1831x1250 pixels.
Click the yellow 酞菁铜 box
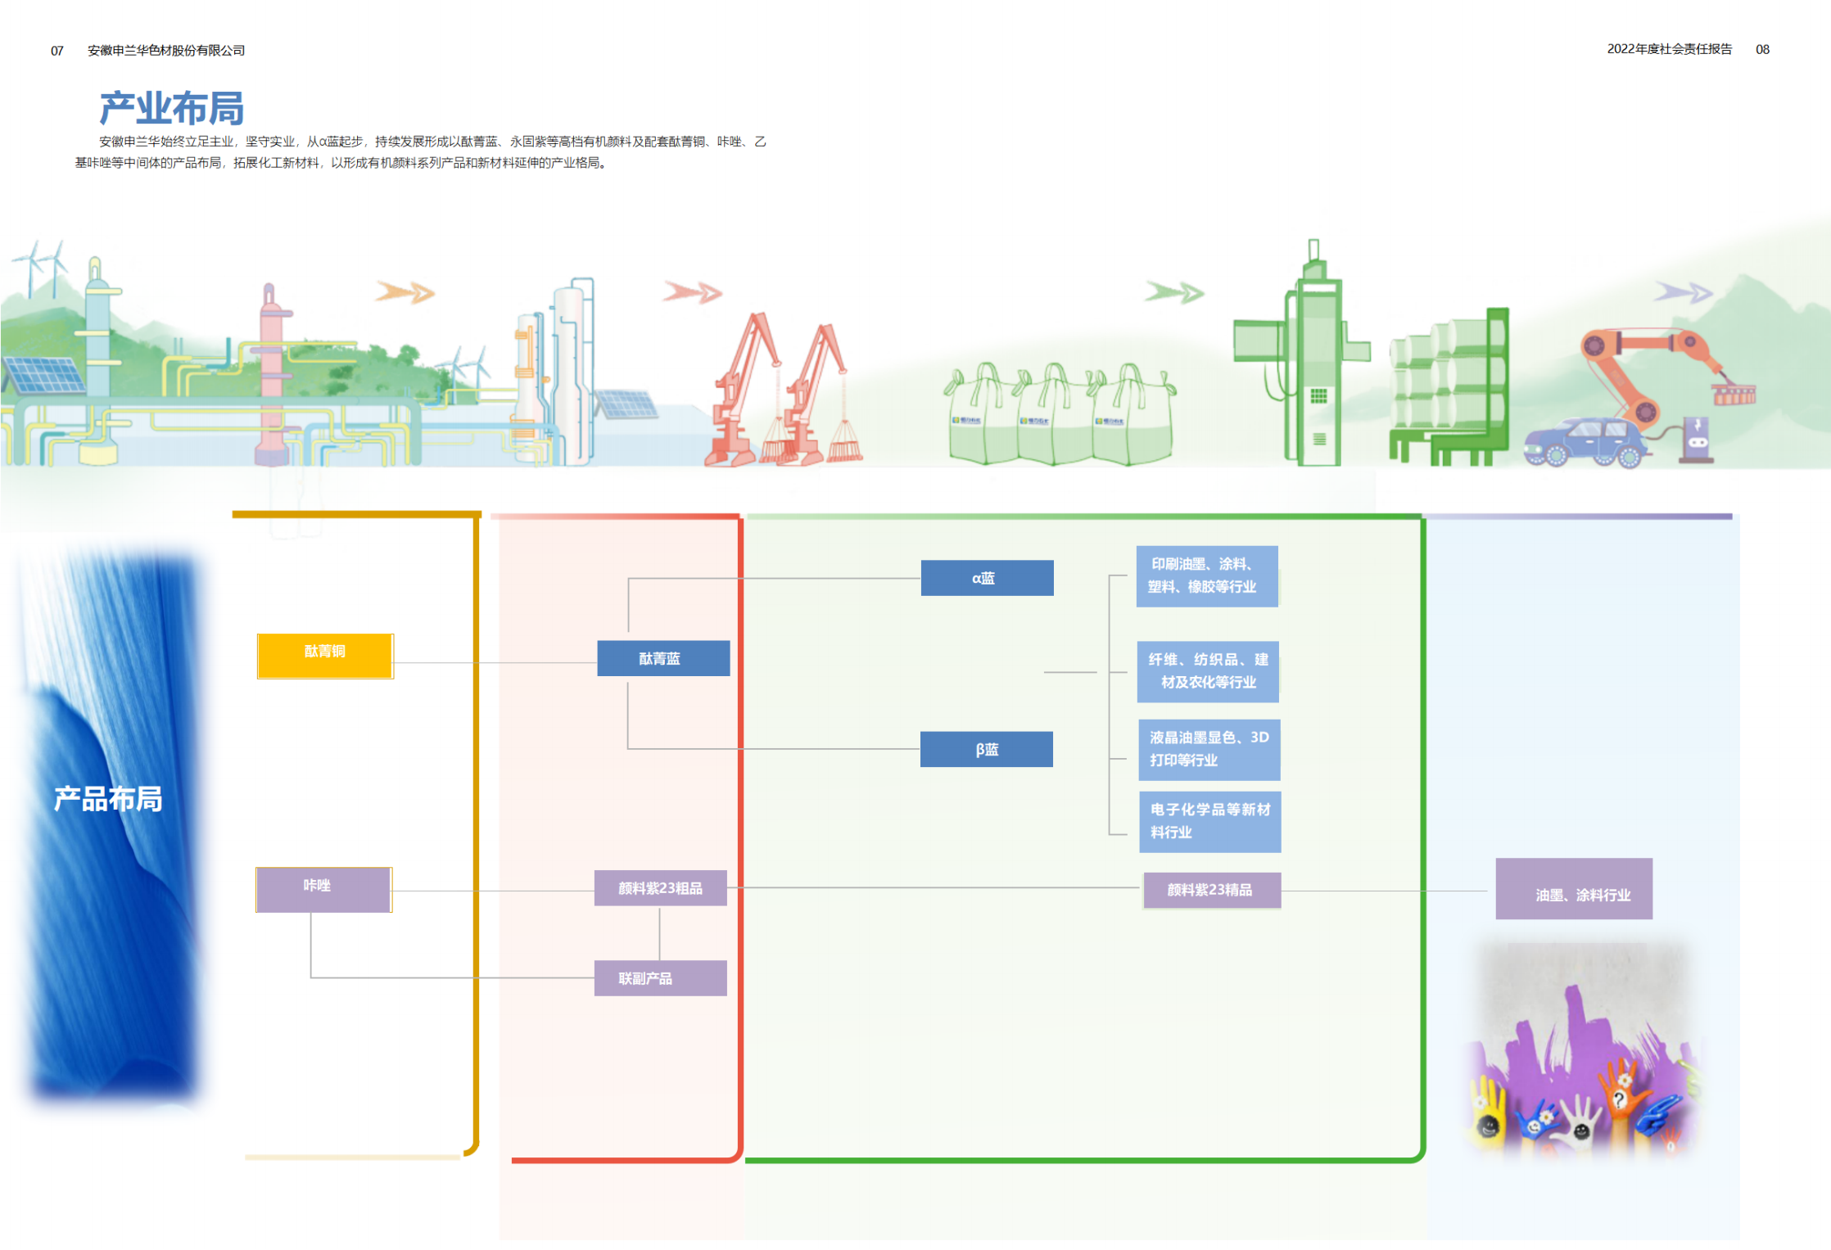(325, 656)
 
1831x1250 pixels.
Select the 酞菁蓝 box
(663, 658)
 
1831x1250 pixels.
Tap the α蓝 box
(987, 578)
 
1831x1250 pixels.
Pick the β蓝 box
(986, 749)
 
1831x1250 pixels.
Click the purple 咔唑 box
(323, 889)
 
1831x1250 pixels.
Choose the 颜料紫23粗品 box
(660, 888)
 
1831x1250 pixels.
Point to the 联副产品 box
(660, 978)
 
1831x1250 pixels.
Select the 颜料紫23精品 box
(1211, 890)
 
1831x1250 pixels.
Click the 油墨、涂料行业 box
(1573, 889)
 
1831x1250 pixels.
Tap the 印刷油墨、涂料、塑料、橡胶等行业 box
(1207, 575)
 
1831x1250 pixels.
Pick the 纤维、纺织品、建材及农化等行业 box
(1208, 671)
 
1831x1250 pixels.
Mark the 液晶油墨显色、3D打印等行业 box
(1209, 749)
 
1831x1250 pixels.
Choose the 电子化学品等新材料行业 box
(1209, 821)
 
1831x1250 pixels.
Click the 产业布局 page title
(171, 109)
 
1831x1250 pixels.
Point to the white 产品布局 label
(108, 799)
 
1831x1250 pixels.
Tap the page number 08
(1762, 50)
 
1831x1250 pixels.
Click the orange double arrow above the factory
(405, 292)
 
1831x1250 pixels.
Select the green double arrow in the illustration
(1174, 292)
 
